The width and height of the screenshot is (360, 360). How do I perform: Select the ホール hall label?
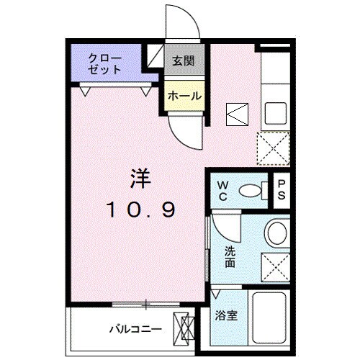tap(184, 96)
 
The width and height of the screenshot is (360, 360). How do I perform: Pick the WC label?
tap(223, 191)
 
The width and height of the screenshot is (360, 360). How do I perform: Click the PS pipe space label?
tap(282, 190)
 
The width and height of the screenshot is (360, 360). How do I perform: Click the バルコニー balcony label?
tap(135, 329)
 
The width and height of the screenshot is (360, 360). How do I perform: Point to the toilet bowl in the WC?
tap(250, 190)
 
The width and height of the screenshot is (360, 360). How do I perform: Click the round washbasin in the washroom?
tap(276, 233)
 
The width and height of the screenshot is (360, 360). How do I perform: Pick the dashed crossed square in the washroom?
tap(275, 265)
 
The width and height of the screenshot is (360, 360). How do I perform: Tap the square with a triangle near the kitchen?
tap(236, 113)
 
